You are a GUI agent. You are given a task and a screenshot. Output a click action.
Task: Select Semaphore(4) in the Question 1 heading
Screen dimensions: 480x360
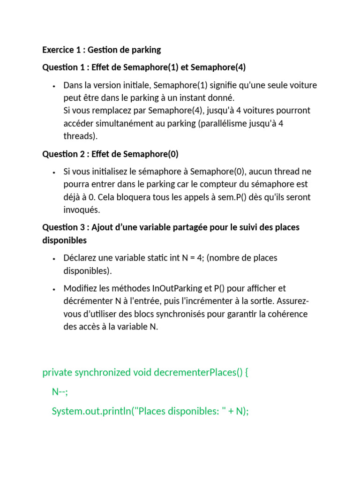217,67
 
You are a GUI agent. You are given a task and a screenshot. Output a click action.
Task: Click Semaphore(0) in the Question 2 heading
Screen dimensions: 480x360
152,154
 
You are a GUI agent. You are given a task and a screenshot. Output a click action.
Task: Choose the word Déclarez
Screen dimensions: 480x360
81,258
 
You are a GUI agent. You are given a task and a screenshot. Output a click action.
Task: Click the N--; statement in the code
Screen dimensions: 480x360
60,392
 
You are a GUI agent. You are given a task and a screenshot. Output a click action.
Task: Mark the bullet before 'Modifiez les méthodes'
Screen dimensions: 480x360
54,289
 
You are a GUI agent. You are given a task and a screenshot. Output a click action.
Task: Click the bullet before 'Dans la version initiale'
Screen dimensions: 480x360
54,86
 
